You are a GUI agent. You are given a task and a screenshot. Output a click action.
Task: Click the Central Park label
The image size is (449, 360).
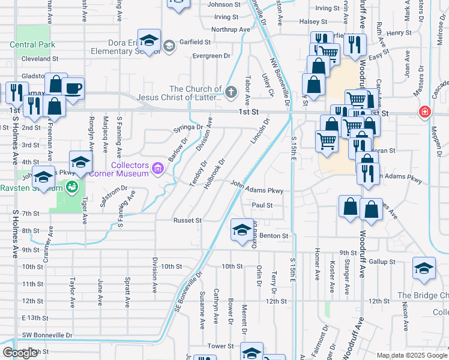click(32, 44)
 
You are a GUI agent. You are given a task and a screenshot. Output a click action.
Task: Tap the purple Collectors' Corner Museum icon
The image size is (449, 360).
click(158, 167)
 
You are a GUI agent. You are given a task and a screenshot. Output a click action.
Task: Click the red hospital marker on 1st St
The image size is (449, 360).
click(425, 112)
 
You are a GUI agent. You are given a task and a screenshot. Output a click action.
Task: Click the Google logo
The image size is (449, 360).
click(20, 353)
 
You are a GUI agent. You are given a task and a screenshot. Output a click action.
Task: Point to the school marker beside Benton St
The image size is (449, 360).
click(242, 230)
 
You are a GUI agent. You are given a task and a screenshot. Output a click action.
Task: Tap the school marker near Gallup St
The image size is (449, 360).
click(424, 268)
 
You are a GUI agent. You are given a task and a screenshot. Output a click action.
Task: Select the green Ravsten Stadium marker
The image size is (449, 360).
click(72, 187)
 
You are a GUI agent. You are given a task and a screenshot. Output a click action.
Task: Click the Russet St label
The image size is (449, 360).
click(187, 220)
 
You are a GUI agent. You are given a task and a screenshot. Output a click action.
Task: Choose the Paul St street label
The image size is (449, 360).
click(262, 205)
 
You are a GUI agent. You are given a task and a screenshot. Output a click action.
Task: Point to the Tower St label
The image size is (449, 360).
click(220, 346)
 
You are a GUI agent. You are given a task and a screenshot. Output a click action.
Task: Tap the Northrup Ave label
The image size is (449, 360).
click(231, 29)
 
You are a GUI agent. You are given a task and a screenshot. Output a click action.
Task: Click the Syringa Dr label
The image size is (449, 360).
click(187, 127)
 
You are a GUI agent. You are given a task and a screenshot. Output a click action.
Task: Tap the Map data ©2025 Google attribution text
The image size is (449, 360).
click(411, 355)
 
